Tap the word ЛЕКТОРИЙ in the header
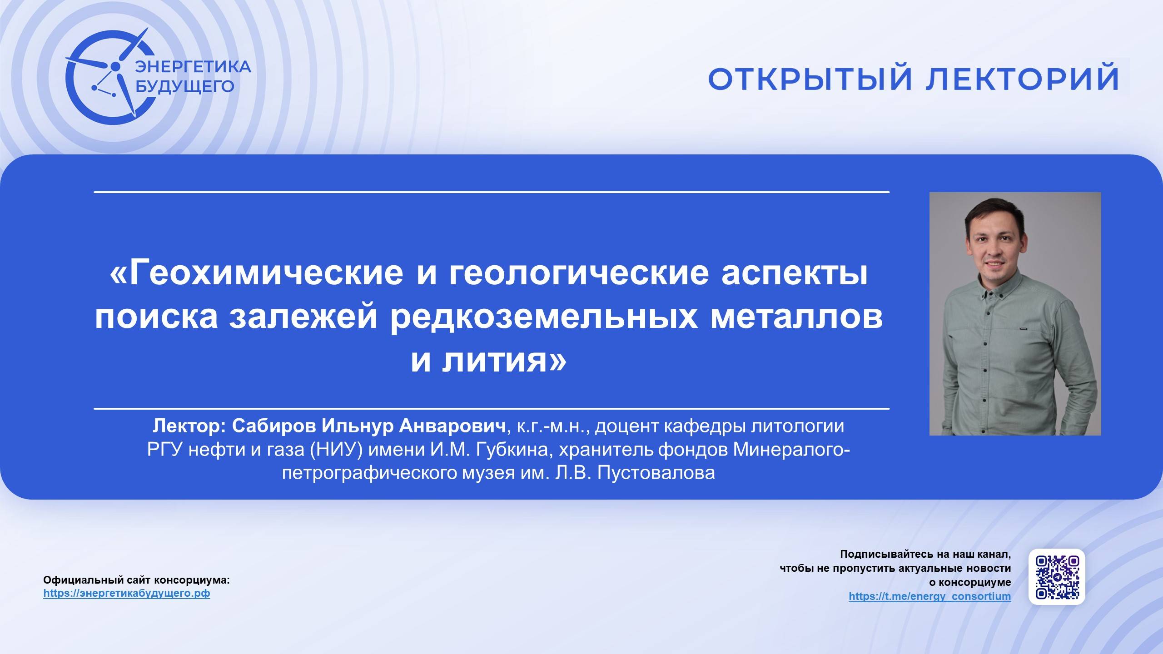[1022, 79]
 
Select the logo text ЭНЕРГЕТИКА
[193, 67]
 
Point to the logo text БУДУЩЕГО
[185, 86]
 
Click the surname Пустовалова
[656, 473]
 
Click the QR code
[1057, 577]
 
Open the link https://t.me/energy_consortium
[929, 596]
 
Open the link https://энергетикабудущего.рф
[127, 594]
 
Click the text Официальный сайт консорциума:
[136, 580]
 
